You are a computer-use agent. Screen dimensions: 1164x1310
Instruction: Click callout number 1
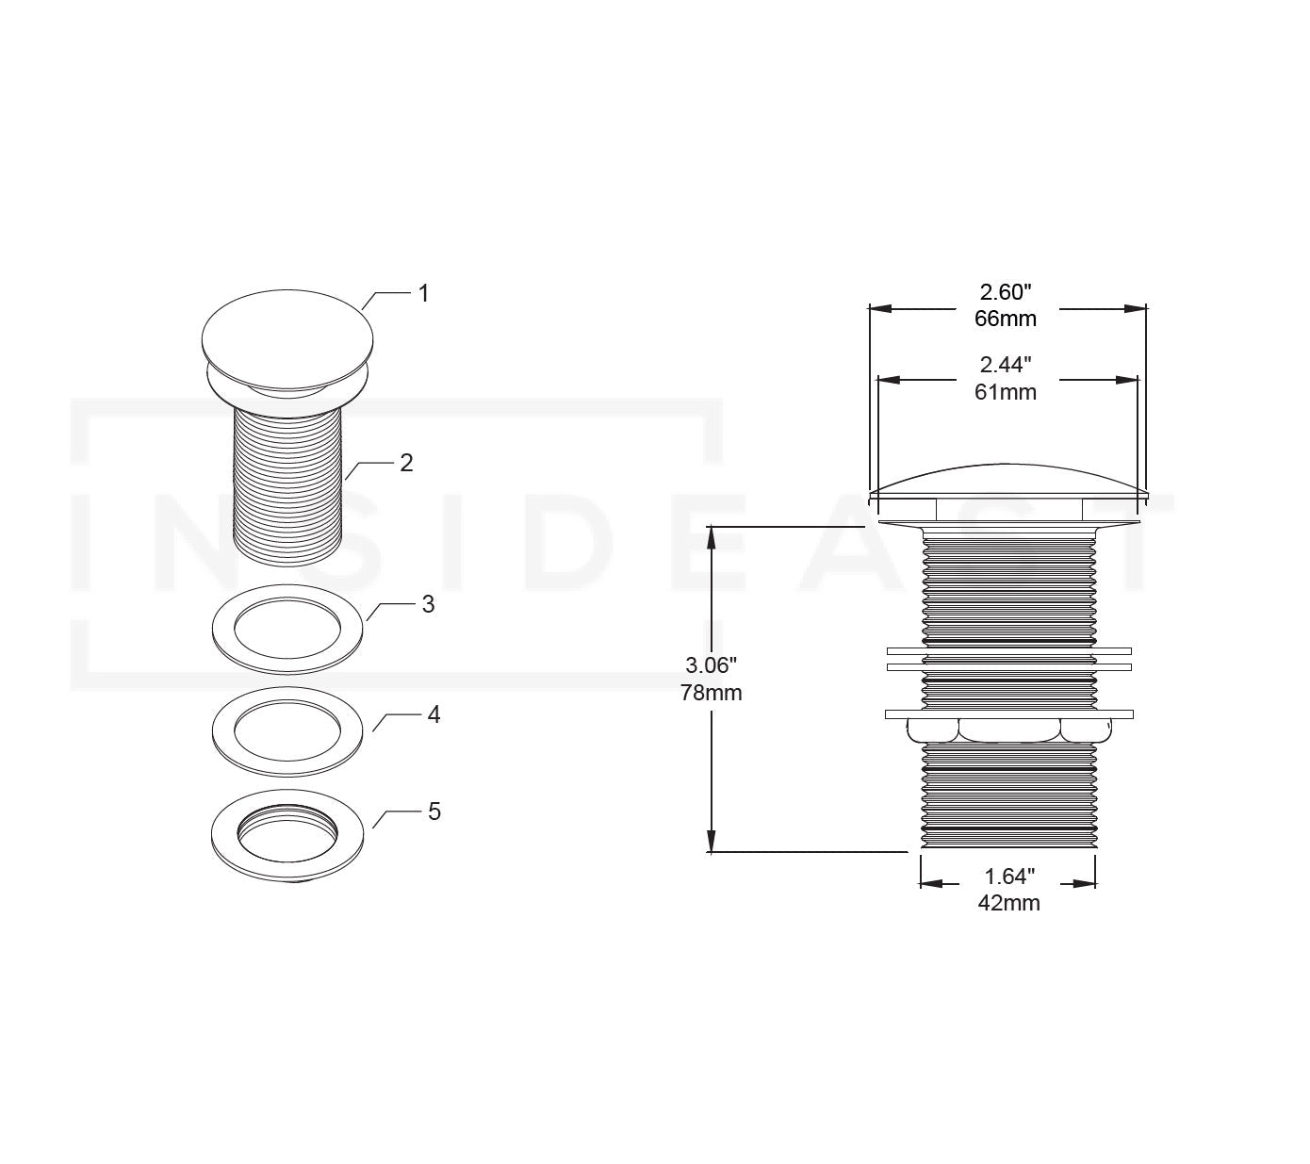423,293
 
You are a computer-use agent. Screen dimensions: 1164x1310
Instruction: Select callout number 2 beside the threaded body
406,463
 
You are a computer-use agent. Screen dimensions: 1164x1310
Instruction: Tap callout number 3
428,604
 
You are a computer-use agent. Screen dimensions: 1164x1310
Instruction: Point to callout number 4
434,714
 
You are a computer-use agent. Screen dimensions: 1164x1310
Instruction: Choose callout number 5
434,812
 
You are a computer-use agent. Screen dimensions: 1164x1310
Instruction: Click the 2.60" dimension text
1006,293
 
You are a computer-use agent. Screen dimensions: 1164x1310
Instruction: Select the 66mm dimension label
1006,319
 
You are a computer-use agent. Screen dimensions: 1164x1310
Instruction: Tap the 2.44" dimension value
1006,366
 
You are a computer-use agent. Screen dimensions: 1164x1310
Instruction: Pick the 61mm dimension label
1006,392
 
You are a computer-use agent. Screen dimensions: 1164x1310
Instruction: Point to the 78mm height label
711,693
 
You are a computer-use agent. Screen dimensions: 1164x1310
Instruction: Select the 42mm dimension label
1008,903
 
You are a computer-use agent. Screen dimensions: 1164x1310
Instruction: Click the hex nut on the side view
1008,730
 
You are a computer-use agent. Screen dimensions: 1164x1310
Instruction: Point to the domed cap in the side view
1007,479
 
